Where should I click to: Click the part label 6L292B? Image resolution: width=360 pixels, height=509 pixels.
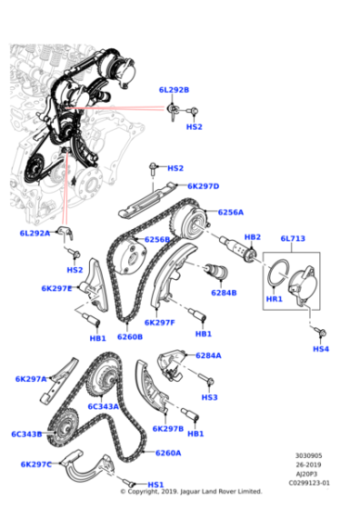coord(173,90)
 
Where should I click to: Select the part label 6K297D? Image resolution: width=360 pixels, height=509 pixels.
coord(204,186)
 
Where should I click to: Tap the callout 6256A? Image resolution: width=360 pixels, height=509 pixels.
coord(231,212)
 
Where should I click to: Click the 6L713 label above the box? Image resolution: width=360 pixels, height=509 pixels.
coord(294,239)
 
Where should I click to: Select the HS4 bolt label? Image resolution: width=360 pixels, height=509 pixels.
coord(321,349)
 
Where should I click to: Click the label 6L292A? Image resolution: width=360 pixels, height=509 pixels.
coord(35,234)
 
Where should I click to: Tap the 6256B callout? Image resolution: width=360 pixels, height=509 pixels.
coord(157,240)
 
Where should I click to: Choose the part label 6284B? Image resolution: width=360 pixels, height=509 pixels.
coord(224,293)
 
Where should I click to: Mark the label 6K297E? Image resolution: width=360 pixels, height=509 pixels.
coord(56,288)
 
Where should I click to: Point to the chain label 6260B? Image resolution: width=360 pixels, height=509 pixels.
coord(129,336)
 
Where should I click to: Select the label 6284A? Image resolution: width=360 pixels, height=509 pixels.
coord(208,355)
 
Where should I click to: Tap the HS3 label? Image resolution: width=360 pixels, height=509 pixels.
coord(210,397)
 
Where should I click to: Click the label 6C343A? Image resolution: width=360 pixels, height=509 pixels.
coord(104,406)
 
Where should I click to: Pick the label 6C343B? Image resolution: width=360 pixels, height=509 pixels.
coord(26,434)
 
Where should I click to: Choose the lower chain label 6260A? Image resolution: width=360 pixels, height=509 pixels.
coord(168,453)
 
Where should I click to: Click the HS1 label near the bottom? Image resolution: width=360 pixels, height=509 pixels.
coord(155,484)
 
